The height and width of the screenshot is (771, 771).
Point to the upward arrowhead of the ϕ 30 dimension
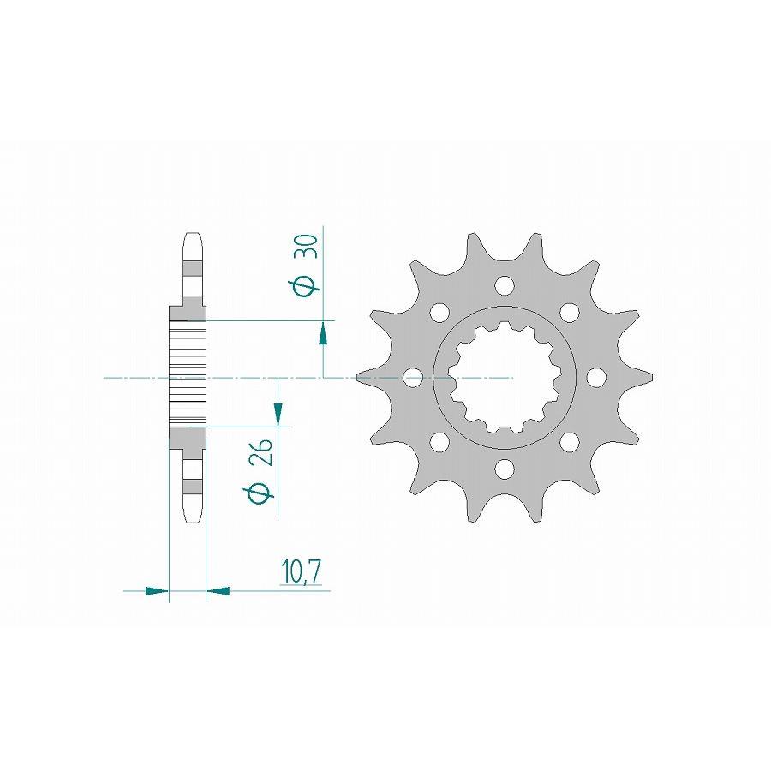pyautogui.click(x=323, y=332)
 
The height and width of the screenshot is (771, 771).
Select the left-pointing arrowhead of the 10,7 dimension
pyautogui.click(x=218, y=590)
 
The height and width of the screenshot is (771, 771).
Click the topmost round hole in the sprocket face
pyautogui.click(x=505, y=284)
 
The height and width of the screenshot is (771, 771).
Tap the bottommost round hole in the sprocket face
pyautogui.click(x=505, y=469)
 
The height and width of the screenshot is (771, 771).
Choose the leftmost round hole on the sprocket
pyautogui.click(x=413, y=377)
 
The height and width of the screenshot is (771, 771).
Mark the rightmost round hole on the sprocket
pyautogui.click(x=596, y=377)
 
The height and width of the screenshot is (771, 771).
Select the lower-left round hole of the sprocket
pyautogui.click(x=439, y=442)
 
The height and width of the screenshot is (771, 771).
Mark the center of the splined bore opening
pyautogui.click(x=505, y=377)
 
